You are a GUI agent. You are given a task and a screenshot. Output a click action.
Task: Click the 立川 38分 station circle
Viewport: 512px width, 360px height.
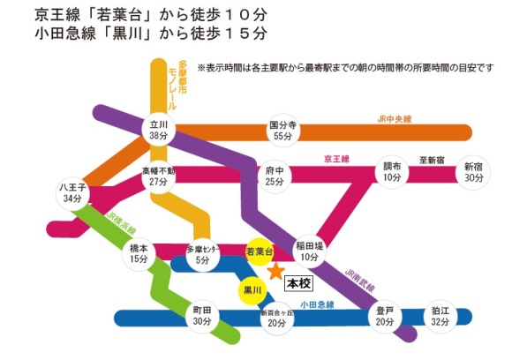click(x=159, y=130)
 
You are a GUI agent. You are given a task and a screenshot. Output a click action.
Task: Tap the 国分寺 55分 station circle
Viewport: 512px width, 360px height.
click(x=282, y=130)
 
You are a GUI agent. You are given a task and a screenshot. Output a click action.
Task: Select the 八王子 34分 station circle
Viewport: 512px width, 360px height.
click(x=72, y=193)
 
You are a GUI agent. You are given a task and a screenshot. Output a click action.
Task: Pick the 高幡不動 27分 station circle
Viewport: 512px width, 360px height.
click(x=159, y=176)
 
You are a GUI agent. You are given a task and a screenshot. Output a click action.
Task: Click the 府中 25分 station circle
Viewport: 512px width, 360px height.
click(x=275, y=176)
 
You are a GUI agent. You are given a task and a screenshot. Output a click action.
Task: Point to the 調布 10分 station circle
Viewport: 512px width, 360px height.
click(x=392, y=172)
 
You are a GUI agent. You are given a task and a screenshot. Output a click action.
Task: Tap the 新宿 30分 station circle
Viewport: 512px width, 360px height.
click(x=473, y=172)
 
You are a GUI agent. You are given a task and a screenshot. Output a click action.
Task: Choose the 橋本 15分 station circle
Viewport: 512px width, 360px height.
click(x=139, y=253)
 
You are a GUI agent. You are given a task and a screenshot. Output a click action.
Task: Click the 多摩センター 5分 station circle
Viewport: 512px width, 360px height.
click(x=202, y=255)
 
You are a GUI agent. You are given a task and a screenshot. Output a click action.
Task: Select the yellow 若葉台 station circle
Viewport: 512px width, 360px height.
click(x=260, y=251)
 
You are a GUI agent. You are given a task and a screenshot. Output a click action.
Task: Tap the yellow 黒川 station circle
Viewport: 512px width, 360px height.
click(x=252, y=290)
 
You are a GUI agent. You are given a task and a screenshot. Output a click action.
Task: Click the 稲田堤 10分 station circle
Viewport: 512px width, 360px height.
click(x=309, y=251)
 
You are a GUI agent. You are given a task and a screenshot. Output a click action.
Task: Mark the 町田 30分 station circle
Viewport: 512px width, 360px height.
click(x=202, y=316)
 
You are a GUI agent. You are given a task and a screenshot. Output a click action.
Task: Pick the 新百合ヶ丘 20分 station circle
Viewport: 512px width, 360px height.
click(x=277, y=319)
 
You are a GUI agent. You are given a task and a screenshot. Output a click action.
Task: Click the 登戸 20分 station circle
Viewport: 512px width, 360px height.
click(x=385, y=316)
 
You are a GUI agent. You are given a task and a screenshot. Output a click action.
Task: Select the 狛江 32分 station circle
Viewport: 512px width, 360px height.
click(x=440, y=316)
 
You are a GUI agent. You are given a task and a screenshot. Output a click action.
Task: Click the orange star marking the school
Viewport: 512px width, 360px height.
click(x=276, y=271)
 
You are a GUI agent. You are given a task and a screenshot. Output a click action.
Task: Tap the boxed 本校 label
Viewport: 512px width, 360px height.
click(x=298, y=283)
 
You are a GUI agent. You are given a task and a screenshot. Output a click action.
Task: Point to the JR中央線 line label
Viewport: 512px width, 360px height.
click(x=394, y=119)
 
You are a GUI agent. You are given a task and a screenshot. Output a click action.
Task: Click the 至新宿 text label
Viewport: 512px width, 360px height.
click(x=432, y=161)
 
